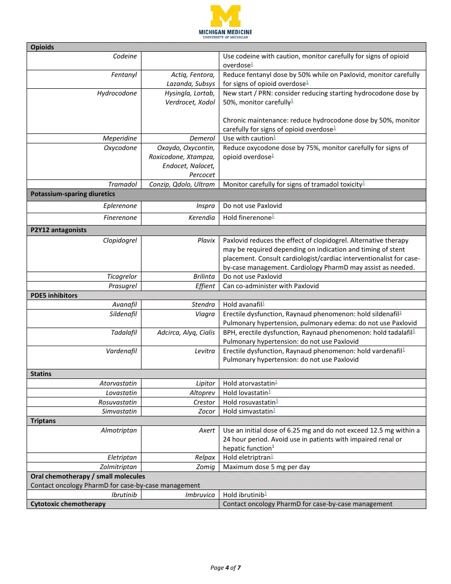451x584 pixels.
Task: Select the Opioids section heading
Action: click(x=42, y=47)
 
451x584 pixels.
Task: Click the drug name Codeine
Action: click(x=125, y=56)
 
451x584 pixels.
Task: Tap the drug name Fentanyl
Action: click(x=124, y=75)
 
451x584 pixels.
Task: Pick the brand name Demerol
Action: click(x=202, y=138)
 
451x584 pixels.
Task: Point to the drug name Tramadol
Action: click(x=122, y=184)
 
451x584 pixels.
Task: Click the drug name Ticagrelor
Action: click(x=122, y=276)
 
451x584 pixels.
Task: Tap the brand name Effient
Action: click(x=205, y=286)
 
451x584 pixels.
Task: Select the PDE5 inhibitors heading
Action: click(x=54, y=295)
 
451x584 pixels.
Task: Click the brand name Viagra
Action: click(x=205, y=314)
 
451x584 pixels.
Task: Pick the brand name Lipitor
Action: click(x=206, y=383)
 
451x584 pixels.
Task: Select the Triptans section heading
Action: click(x=43, y=421)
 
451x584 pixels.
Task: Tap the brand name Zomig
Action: click(x=206, y=467)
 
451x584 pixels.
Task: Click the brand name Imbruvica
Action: click(x=200, y=495)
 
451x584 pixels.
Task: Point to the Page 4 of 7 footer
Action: click(x=225, y=567)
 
